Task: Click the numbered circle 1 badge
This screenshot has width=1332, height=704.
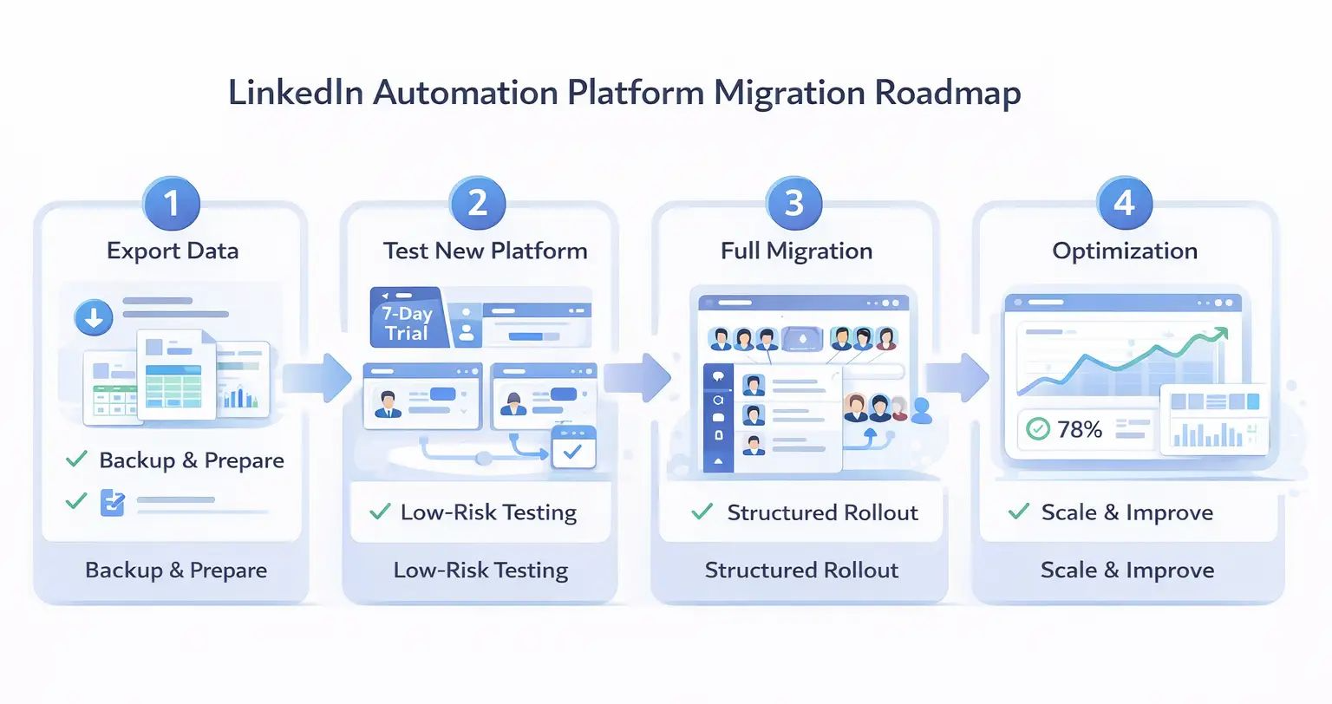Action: (x=172, y=203)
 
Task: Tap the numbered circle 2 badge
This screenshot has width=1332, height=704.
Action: (x=478, y=203)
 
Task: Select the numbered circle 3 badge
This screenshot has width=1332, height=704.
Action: (x=794, y=203)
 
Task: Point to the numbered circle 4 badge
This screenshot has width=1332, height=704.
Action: (x=1124, y=203)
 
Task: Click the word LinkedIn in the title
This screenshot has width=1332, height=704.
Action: (x=295, y=93)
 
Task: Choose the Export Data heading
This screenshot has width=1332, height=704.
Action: (x=173, y=251)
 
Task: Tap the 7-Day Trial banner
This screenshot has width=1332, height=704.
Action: (x=408, y=323)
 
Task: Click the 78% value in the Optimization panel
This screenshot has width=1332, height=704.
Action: (x=1080, y=429)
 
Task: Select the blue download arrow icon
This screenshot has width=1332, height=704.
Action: (x=94, y=317)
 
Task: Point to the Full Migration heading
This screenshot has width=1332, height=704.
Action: (x=796, y=251)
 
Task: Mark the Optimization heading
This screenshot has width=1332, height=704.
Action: (x=1125, y=251)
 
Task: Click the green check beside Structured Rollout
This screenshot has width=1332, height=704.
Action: (x=702, y=512)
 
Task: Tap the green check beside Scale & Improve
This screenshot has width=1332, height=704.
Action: (x=1019, y=512)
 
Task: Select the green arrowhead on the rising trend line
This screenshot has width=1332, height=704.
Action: (x=1220, y=334)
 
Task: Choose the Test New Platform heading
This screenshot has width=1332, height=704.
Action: (x=485, y=251)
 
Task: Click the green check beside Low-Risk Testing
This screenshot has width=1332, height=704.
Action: (x=380, y=512)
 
